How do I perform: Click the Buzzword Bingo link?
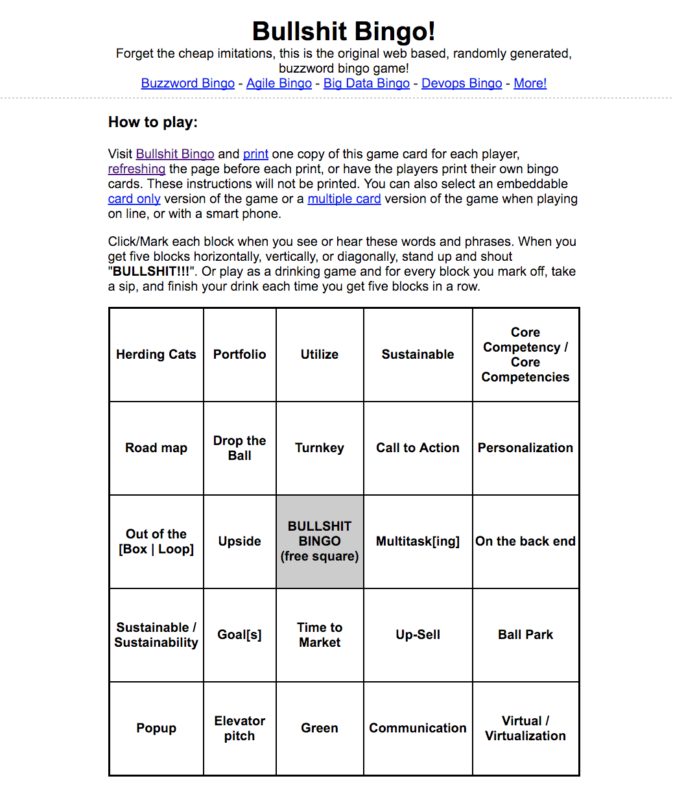188,83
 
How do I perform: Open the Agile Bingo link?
279,83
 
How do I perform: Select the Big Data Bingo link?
366,83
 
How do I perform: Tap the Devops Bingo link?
462,83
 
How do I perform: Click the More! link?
530,83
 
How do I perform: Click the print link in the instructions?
255,154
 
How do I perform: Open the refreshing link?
137,169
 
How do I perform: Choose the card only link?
134,199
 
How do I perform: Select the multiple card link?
344,199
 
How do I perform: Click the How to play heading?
153,122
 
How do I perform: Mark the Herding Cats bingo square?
156,354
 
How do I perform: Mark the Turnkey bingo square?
320,448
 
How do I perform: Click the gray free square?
320,541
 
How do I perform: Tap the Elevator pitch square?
240,728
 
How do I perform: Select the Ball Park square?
525,634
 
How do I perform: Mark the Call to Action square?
418,448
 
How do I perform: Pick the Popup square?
156,728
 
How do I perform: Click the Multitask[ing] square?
418,541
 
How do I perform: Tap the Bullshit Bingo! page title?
344,31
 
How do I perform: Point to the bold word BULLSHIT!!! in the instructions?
151,271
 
